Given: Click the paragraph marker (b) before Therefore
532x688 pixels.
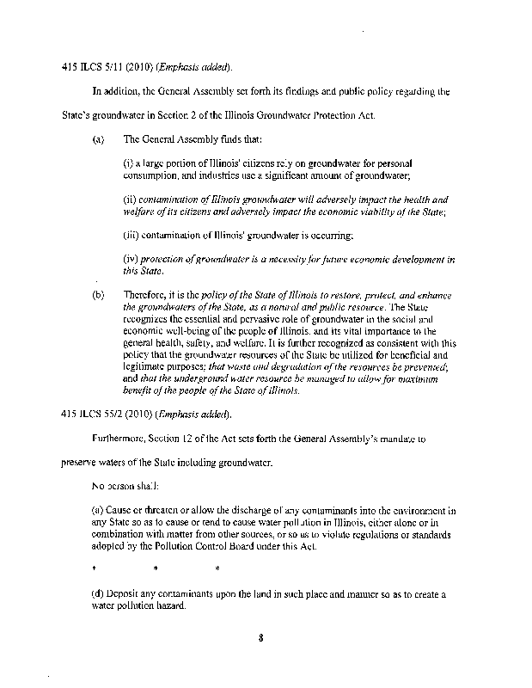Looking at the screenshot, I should tap(98, 297).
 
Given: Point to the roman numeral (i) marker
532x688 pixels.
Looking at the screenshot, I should tap(130, 163).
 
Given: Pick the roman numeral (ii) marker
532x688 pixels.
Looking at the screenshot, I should tap(131, 199).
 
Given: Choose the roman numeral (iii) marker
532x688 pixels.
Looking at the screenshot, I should tap(133, 234).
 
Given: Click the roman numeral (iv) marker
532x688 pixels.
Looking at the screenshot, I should tap(132, 259).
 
